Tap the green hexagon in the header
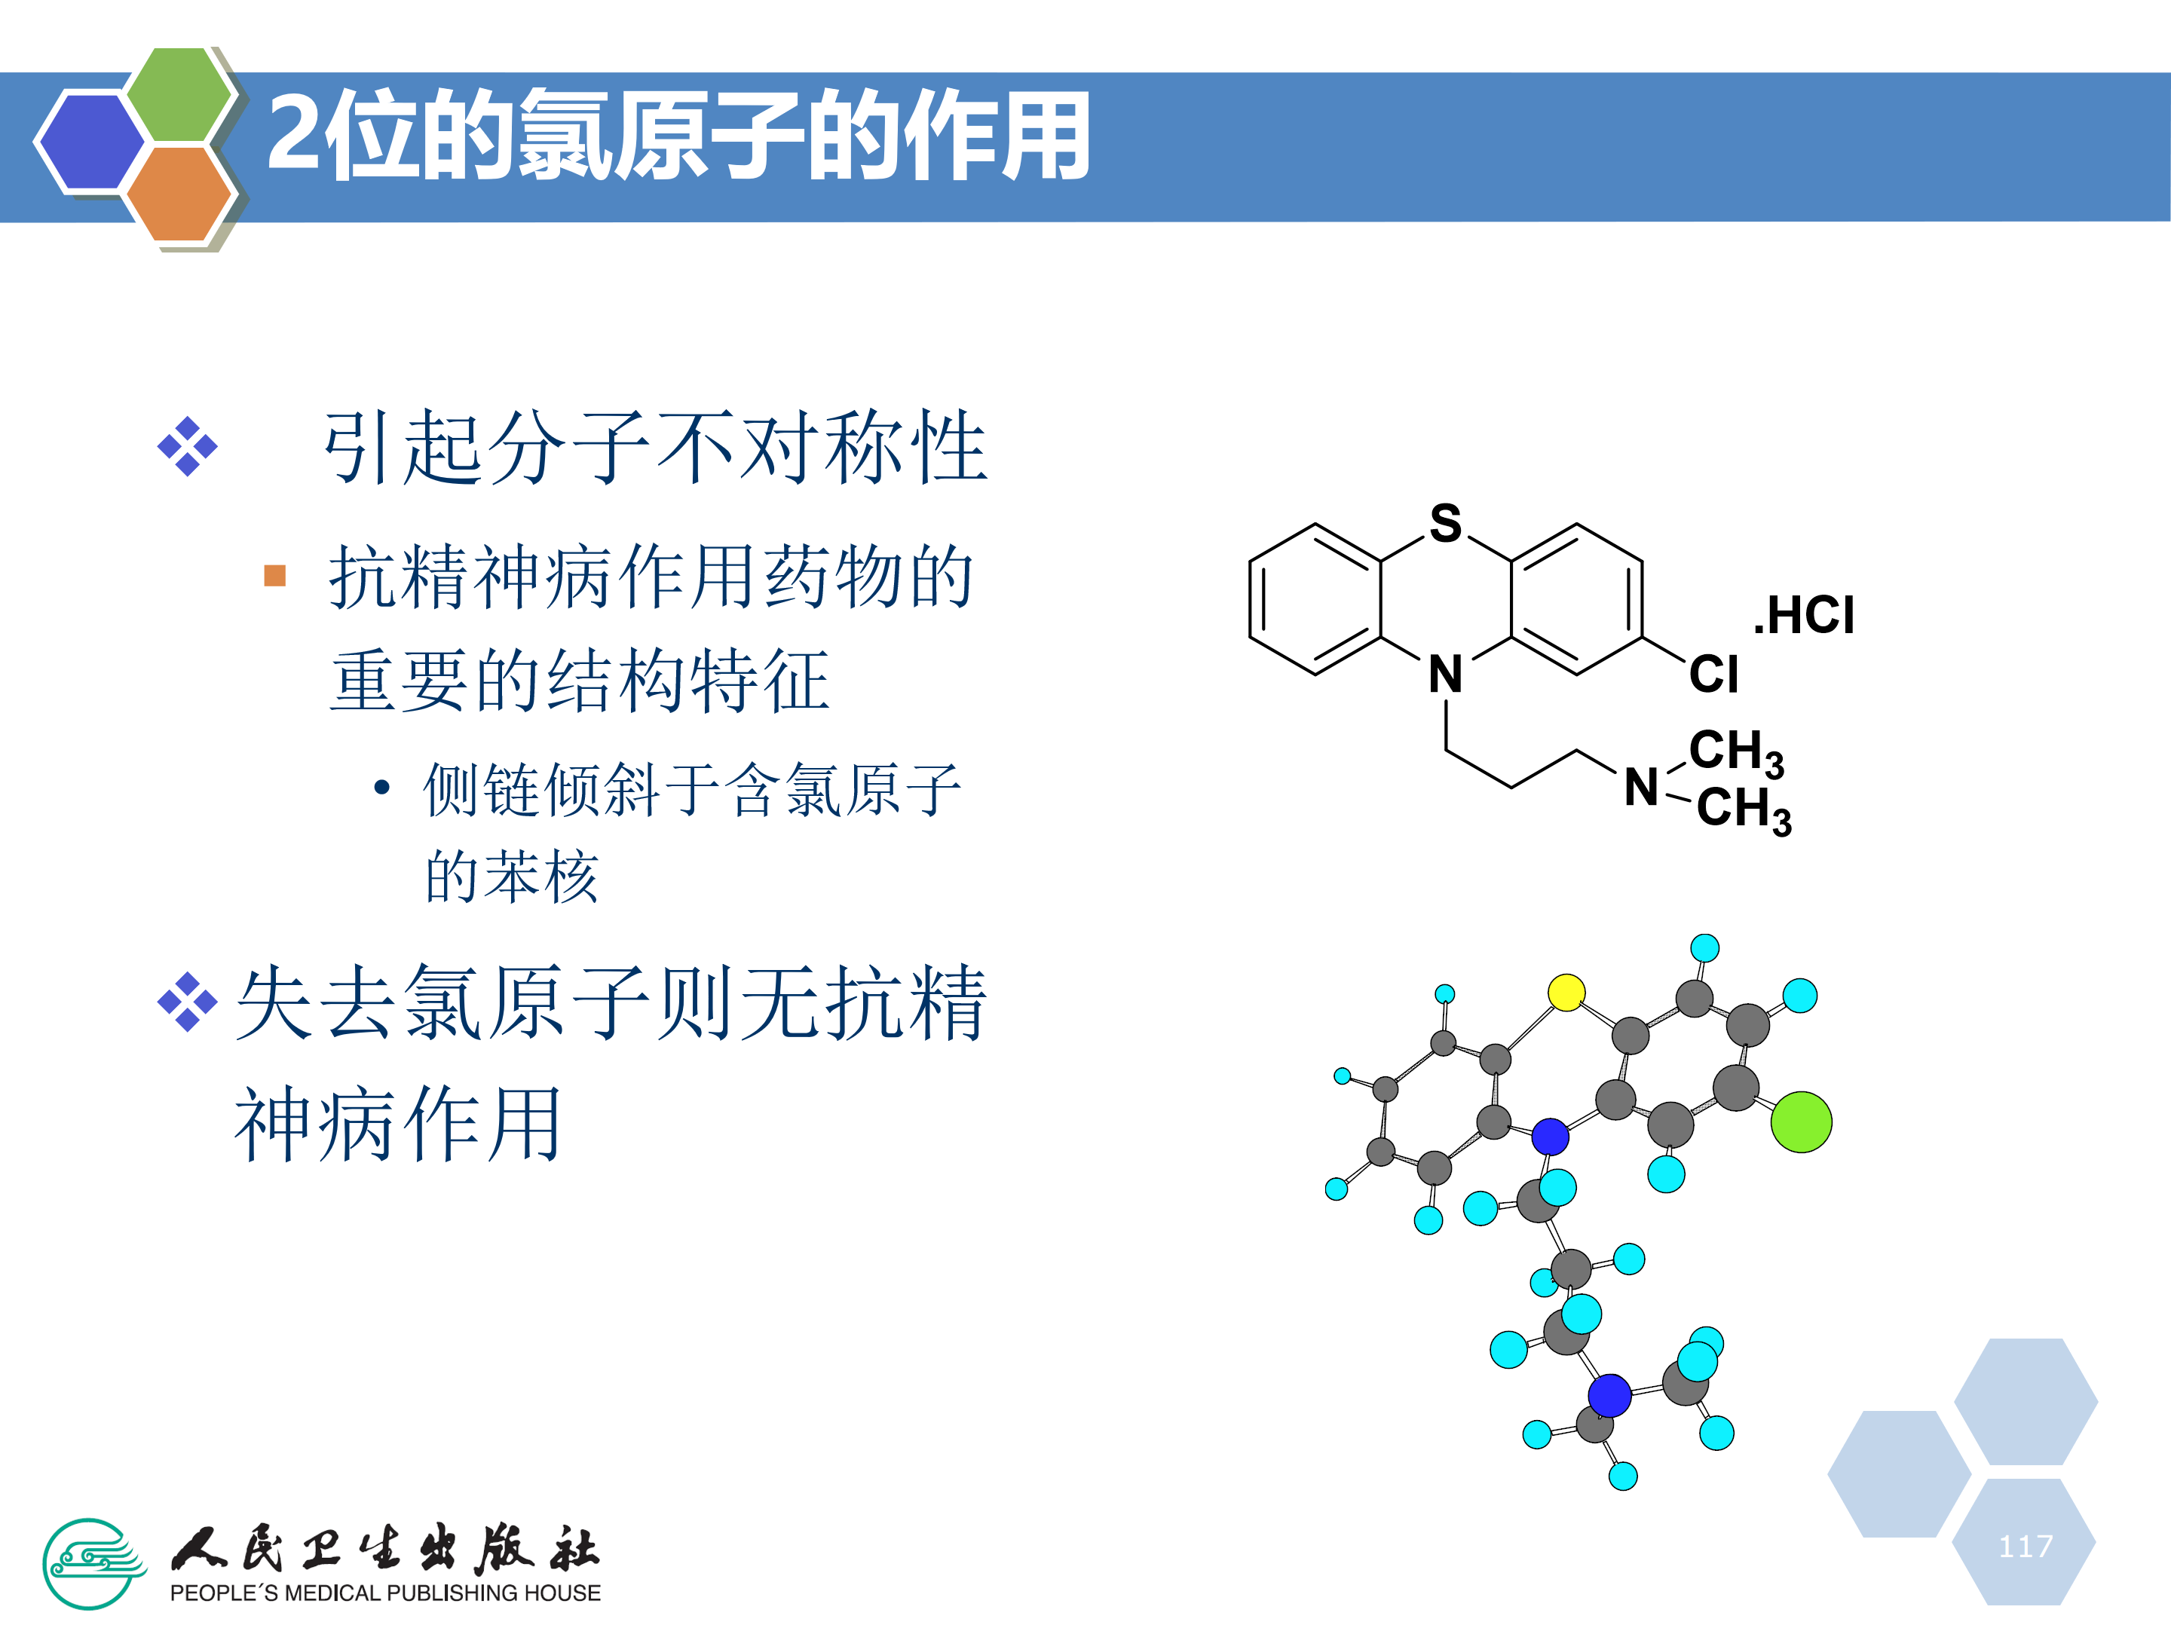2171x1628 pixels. pos(179,94)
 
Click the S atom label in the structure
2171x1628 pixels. pos(1445,523)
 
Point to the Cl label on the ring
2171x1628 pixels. pos(1713,674)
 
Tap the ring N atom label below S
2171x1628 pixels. pos(1445,674)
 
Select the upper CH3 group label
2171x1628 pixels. pos(1735,753)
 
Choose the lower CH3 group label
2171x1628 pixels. pos(1743,810)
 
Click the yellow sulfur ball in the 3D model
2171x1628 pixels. pos(1566,992)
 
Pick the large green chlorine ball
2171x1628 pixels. pos(1801,1122)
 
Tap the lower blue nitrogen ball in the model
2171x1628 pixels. pos(1609,1395)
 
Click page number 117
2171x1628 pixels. pos(2025,1547)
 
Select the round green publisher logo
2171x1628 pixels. pos(91,1563)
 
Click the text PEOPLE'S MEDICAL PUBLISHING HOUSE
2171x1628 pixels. pos(384,1593)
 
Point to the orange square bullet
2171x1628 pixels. pos(275,575)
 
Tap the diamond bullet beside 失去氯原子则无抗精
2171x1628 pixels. pos(186,1002)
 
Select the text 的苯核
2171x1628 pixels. pos(510,877)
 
